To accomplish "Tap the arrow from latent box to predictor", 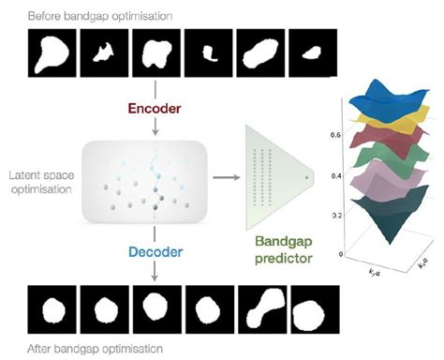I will (224, 176).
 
